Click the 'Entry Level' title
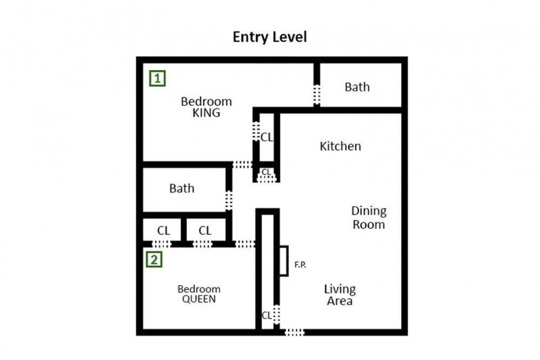pyautogui.click(x=269, y=37)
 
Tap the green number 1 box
pyautogui.click(x=157, y=79)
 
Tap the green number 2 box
pyautogui.click(x=154, y=260)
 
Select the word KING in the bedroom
pyautogui.click(x=206, y=113)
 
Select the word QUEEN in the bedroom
pyautogui.click(x=199, y=298)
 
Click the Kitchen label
pyautogui.click(x=340, y=146)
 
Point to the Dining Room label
pyautogui.click(x=369, y=218)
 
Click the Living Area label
pyautogui.click(x=340, y=295)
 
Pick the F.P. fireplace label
pyautogui.click(x=300, y=265)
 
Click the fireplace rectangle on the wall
pyautogui.click(x=283, y=261)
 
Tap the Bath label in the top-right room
pyautogui.click(x=357, y=87)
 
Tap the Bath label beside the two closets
pyautogui.click(x=181, y=188)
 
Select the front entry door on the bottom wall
pyautogui.click(x=294, y=332)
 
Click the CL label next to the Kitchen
pyautogui.click(x=267, y=138)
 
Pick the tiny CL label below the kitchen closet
pyautogui.click(x=266, y=172)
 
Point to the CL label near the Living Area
pyautogui.click(x=267, y=315)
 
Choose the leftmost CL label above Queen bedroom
pyautogui.click(x=164, y=230)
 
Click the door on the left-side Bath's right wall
pyautogui.click(x=229, y=200)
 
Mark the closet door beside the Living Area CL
pyautogui.click(x=276, y=314)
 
